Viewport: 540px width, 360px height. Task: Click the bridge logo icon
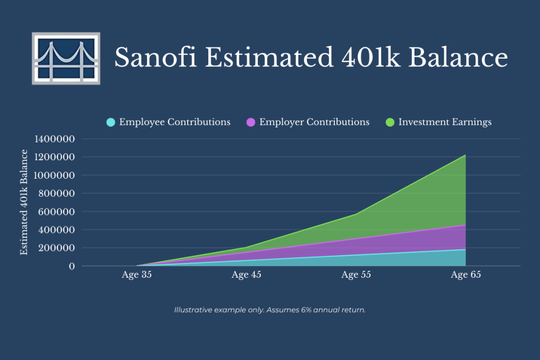coord(66,58)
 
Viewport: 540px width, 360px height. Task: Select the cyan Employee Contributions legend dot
coord(110,122)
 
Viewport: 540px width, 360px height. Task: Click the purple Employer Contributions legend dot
coord(250,122)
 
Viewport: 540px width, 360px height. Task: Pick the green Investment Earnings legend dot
coord(390,122)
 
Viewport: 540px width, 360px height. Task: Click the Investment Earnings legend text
coord(445,122)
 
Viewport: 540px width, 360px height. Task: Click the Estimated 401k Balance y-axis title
coord(24,202)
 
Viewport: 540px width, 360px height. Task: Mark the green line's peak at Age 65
coord(465,155)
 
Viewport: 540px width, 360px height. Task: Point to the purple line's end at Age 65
coord(465,225)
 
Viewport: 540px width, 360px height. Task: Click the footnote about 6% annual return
coord(270,310)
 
